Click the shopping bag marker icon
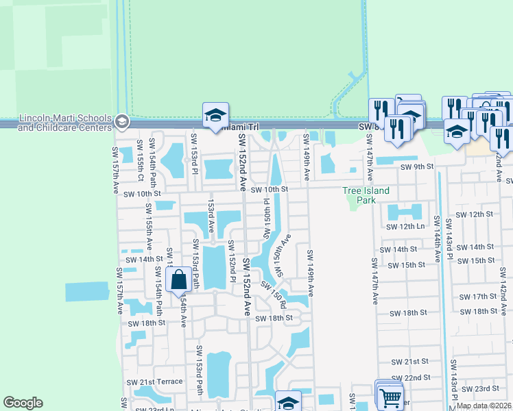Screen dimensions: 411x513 pos(178,279)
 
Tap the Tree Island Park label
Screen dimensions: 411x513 pos(366,195)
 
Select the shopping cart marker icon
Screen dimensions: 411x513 pos(390,397)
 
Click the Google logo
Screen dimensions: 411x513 pos(23,403)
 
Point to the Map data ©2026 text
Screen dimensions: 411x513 pos(484,406)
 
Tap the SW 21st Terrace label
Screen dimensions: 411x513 pos(160,382)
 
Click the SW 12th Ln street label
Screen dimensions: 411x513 pos(405,226)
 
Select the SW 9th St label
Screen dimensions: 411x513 pos(418,166)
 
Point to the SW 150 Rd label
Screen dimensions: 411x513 pos(273,295)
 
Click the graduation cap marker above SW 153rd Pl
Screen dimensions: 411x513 pos(215,116)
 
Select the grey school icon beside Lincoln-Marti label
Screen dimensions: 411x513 pos(121,123)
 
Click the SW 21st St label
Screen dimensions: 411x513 pos(409,361)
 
